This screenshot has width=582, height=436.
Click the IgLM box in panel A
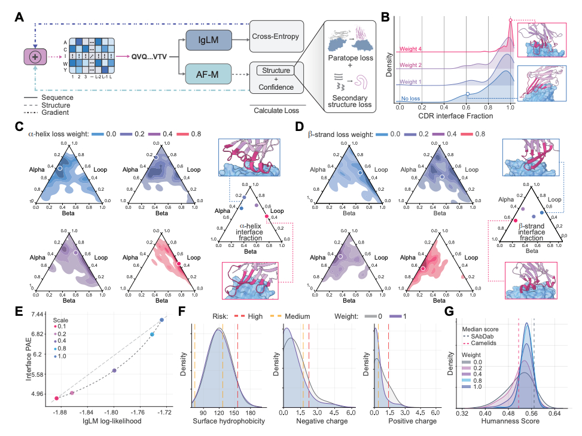tap(211, 39)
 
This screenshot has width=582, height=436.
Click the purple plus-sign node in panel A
tap(35, 57)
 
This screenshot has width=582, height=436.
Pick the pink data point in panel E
tap(57, 398)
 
